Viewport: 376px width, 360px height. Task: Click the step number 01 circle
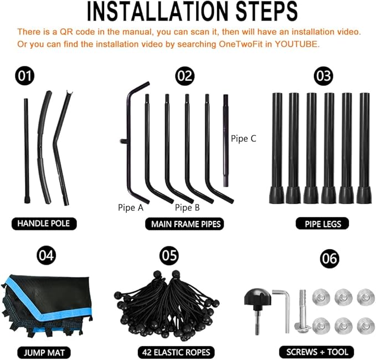pos(25,76)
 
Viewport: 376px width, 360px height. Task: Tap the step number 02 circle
pos(184,76)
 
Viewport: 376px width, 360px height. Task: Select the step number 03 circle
pos(323,76)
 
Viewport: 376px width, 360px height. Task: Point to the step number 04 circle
pos(47,255)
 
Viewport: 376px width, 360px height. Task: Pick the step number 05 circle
pos(169,255)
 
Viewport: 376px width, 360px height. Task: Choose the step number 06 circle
pos(329,259)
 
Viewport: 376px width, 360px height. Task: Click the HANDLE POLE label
pos(44,224)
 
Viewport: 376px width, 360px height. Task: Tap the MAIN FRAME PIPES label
pos(184,224)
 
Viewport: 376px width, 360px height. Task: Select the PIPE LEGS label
pos(322,224)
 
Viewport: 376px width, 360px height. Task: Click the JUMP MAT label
pos(44,353)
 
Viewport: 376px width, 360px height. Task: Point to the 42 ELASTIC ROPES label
pos(176,352)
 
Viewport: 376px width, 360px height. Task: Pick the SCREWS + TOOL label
pos(317,352)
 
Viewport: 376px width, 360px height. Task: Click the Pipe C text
pos(244,138)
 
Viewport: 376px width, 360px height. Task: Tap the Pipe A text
pos(131,208)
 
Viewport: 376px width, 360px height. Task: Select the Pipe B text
pos(187,208)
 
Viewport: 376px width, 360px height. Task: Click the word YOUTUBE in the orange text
pos(297,44)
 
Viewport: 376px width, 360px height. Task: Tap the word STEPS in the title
pos(266,12)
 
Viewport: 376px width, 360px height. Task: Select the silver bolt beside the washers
pos(302,312)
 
